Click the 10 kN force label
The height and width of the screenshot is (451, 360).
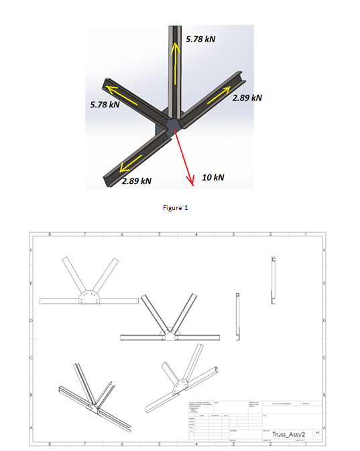click(x=213, y=177)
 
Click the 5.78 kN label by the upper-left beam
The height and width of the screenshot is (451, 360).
click(x=105, y=105)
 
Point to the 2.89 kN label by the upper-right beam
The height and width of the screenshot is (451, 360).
click(x=247, y=98)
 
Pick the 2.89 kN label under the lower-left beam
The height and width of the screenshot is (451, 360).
click(x=136, y=181)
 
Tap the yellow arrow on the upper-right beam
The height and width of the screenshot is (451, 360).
click(x=218, y=96)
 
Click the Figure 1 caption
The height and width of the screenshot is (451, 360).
click(x=176, y=207)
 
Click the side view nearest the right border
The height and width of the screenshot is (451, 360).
click(x=273, y=281)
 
